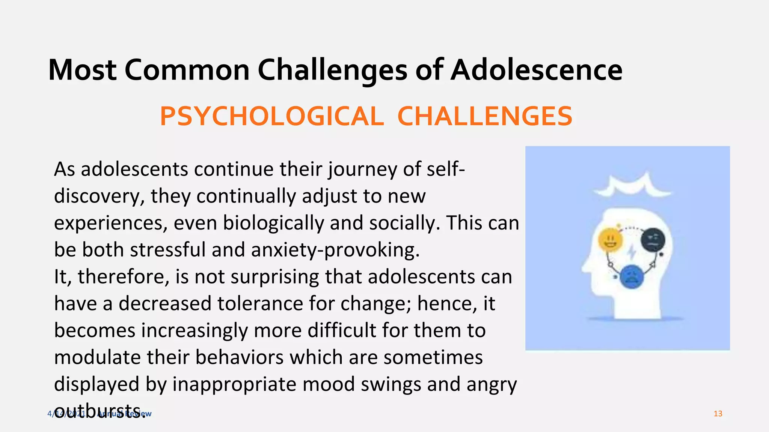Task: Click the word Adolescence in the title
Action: [536, 70]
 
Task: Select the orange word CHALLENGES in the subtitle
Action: [485, 116]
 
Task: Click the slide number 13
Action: [718, 414]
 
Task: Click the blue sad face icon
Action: [632, 277]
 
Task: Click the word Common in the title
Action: [187, 70]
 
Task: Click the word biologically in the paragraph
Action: [273, 223]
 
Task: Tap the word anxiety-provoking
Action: [335, 250]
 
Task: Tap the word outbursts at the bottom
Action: [100, 411]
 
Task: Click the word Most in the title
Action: [82, 70]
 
